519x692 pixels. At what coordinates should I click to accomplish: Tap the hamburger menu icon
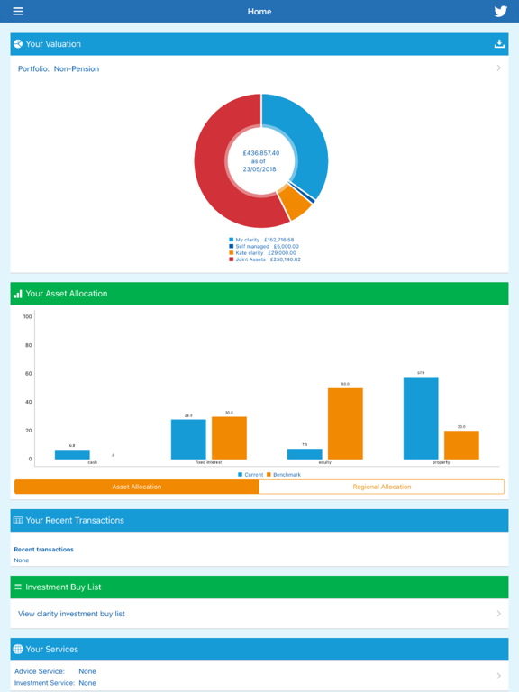pyautogui.click(x=18, y=12)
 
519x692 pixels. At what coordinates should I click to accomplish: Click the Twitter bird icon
pyautogui.click(x=501, y=12)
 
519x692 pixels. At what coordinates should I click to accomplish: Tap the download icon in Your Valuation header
pyautogui.click(x=499, y=43)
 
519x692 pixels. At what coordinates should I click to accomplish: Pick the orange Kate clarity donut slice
pyautogui.click(x=295, y=202)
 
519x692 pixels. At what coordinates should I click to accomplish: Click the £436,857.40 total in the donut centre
pyautogui.click(x=261, y=153)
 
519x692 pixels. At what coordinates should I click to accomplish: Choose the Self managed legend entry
pyautogui.click(x=263, y=246)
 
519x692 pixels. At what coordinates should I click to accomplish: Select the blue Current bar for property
pyautogui.click(x=421, y=418)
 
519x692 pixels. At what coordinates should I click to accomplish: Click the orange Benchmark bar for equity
pyautogui.click(x=345, y=423)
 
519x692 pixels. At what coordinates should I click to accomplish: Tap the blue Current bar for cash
pyautogui.click(x=72, y=454)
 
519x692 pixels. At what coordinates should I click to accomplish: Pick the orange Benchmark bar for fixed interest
pyautogui.click(x=229, y=438)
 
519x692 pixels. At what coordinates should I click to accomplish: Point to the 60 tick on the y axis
pyautogui.click(x=27, y=374)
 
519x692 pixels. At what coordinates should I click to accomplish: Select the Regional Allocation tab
pyautogui.click(x=382, y=487)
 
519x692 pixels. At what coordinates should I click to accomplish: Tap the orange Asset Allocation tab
pyautogui.click(x=137, y=487)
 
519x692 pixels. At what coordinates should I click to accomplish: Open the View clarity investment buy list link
pyautogui.click(x=72, y=614)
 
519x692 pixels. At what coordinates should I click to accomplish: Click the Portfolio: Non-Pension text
pyautogui.click(x=59, y=68)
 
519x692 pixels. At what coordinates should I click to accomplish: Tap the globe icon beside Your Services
pyautogui.click(x=18, y=649)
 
